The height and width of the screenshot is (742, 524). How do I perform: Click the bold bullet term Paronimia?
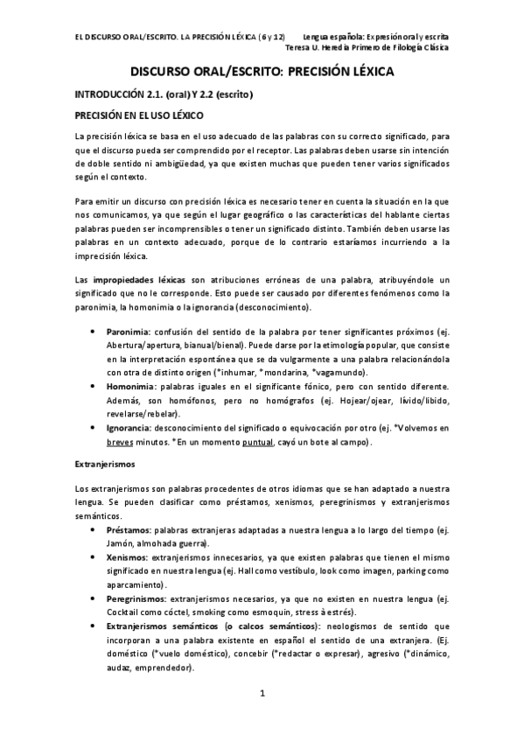point(129,332)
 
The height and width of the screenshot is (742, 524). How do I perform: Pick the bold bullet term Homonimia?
point(131,386)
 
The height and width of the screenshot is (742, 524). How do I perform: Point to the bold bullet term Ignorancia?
point(129,427)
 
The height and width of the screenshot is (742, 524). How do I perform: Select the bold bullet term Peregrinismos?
point(136,598)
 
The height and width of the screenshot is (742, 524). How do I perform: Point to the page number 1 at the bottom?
point(262,694)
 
